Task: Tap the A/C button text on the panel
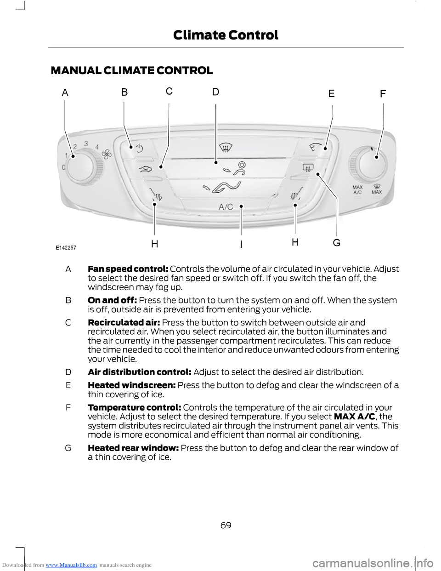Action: pyautogui.click(x=226, y=207)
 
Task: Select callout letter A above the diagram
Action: pyautogui.click(x=65, y=93)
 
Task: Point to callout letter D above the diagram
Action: pyautogui.click(x=215, y=92)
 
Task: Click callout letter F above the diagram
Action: pyautogui.click(x=383, y=94)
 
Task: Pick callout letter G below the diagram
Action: pyautogui.click(x=337, y=242)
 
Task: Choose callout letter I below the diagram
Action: pyautogui.click(x=241, y=244)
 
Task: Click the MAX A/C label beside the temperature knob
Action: pyautogui.click(x=357, y=189)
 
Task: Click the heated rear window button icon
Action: pyautogui.click(x=307, y=168)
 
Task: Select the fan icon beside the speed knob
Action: pyautogui.click(x=107, y=154)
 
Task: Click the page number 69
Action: pyautogui.click(x=226, y=525)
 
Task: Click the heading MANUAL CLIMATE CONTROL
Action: pyautogui.click(x=132, y=70)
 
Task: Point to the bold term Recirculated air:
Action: pyautogui.click(x=124, y=322)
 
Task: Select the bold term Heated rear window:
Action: pyautogui.click(x=133, y=448)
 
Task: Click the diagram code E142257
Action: pyautogui.click(x=66, y=247)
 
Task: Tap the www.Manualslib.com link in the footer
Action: pyautogui.click(x=71, y=565)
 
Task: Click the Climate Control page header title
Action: pyautogui.click(x=226, y=35)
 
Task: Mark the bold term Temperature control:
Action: pyautogui.click(x=134, y=407)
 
